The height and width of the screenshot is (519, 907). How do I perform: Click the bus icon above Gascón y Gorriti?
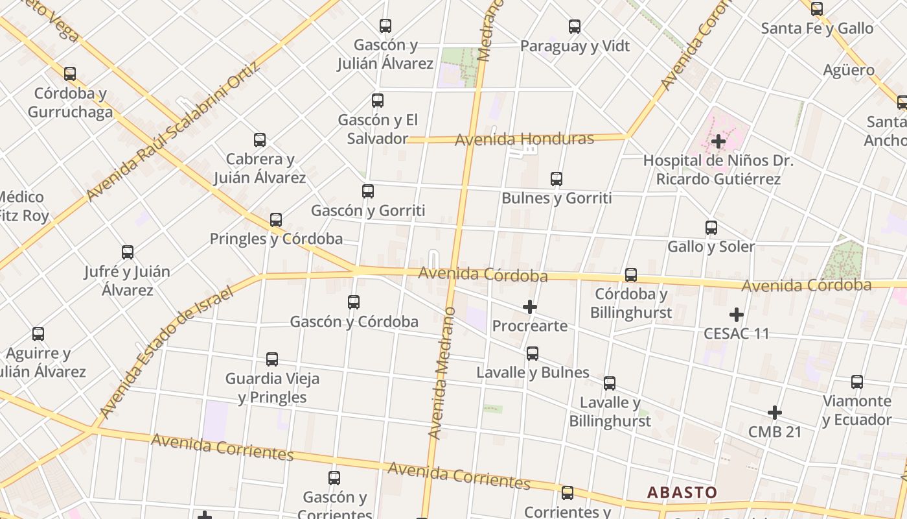point(368,191)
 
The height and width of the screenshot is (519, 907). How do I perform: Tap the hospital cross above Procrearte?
point(530,307)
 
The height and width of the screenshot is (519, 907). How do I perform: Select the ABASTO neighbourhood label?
point(682,492)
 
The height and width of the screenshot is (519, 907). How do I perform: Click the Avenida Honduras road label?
point(524,139)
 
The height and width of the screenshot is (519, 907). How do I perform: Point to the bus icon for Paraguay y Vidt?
point(575,27)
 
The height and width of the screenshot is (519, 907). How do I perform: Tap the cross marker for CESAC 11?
point(737,315)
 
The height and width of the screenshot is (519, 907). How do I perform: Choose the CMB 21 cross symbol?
point(775,413)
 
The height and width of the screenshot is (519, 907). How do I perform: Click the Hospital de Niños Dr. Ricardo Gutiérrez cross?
point(718,141)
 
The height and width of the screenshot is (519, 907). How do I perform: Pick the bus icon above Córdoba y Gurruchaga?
point(70,74)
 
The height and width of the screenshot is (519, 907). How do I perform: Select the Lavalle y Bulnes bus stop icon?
point(533,354)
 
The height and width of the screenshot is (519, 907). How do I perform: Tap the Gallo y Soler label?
point(711,247)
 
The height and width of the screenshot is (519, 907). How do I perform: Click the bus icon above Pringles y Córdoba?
point(276,220)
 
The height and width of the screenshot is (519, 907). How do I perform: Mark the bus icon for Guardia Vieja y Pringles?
point(272,359)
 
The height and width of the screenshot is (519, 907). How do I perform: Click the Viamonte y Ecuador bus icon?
point(857,382)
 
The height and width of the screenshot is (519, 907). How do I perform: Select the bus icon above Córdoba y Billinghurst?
point(631,275)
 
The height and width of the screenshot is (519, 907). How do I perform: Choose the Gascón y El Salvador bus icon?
point(378,101)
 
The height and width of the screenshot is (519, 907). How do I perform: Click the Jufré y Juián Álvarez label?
point(127,280)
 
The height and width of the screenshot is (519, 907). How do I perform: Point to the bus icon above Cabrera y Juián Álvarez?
point(260,140)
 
